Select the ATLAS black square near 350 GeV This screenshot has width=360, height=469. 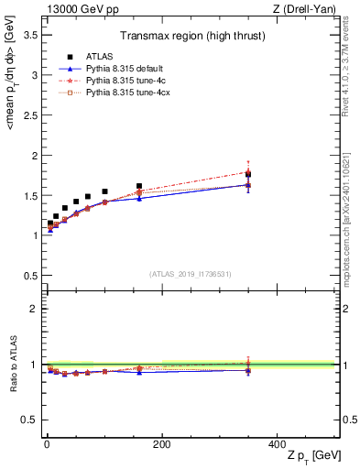click(x=248, y=175)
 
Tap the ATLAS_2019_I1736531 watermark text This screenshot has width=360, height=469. click(x=191, y=274)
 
